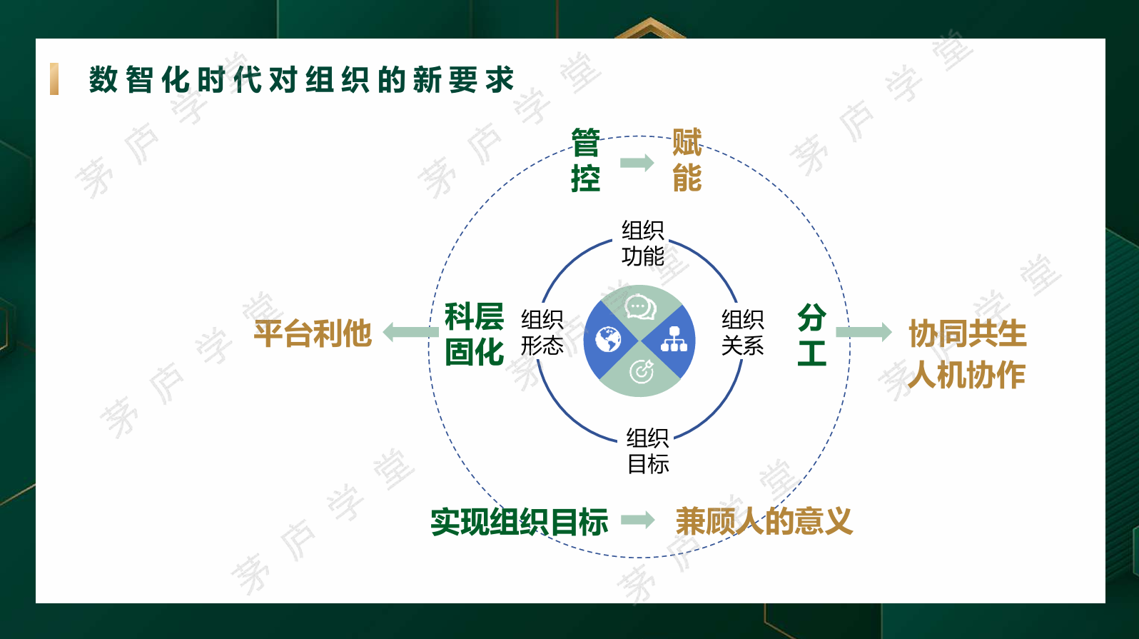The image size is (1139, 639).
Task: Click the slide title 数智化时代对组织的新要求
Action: tap(301, 80)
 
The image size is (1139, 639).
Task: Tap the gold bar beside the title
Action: tap(54, 79)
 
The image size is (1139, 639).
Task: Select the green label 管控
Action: tap(585, 160)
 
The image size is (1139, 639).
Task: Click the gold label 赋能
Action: tap(687, 160)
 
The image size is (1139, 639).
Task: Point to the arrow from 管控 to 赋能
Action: tap(637, 163)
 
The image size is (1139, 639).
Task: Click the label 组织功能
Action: tap(643, 243)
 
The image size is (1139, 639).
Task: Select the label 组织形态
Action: tap(542, 333)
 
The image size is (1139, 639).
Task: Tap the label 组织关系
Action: tap(742, 333)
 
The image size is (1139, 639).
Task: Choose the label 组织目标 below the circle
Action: tap(647, 451)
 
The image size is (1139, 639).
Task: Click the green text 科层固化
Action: tap(474, 334)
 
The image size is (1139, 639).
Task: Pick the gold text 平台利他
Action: tap(313, 333)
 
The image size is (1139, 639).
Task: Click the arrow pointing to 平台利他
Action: tap(410, 332)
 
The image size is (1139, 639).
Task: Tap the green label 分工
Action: tap(811, 334)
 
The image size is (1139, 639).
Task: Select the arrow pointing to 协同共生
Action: tap(864, 332)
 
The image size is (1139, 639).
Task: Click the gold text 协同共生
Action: tap(967, 333)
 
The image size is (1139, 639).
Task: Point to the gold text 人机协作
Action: tap(966, 375)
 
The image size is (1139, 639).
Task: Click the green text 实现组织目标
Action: tap(519, 522)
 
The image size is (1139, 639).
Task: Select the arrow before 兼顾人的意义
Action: tap(638, 520)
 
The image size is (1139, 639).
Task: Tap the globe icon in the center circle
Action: tap(608, 340)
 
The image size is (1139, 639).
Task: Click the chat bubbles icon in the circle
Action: tap(641, 308)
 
